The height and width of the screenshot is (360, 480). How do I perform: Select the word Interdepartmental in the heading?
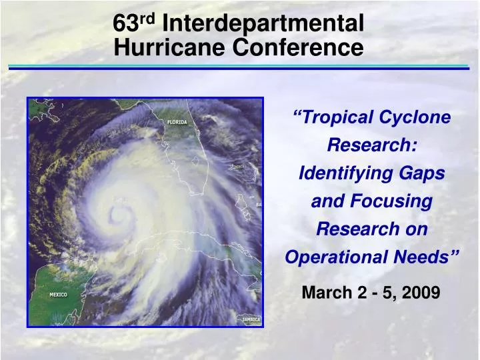[x=263, y=24]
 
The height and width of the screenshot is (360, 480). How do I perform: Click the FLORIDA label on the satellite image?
[x=177, y=122]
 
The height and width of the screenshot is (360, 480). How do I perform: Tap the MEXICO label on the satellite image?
[x=58, y=295]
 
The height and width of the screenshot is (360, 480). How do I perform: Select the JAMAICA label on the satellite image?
[x=251, y=319]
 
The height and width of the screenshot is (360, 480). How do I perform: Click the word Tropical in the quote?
[x=337, y=117]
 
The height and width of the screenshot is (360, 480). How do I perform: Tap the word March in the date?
[x=325, y=292]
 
